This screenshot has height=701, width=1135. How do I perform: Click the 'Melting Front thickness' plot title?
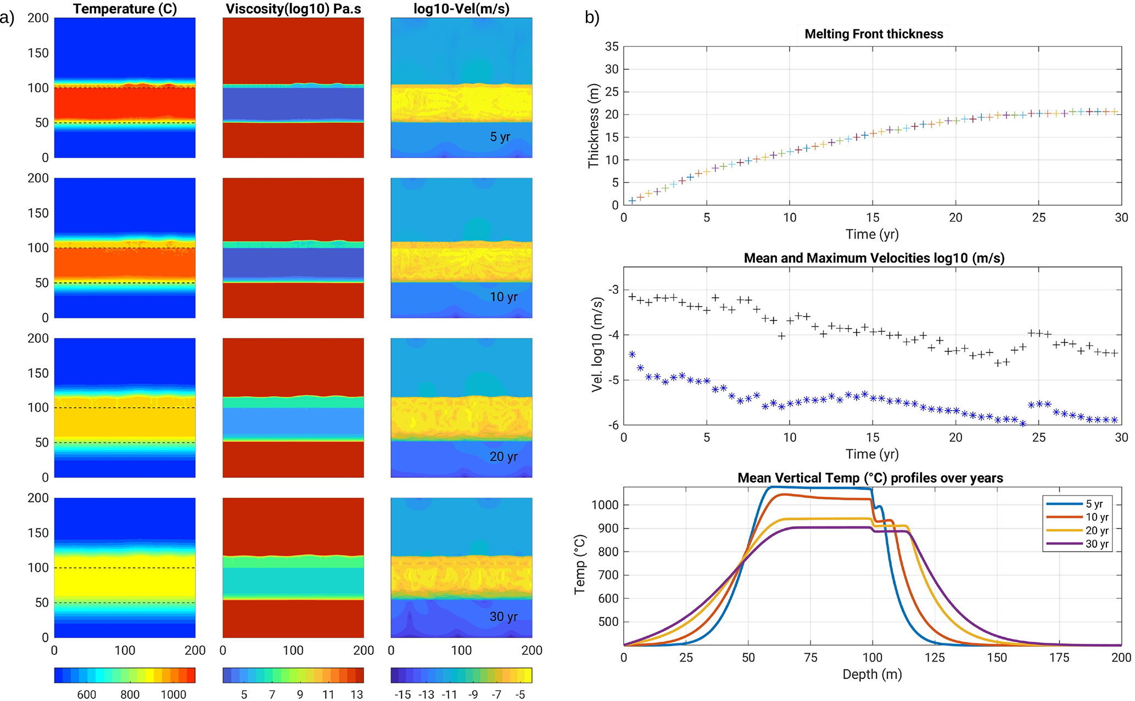tap(874, 34)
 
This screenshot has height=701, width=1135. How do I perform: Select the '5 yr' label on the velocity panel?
tap(500, 137)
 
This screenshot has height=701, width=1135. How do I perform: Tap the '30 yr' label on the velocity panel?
tap(504, 616)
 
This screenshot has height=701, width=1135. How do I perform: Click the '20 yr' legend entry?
tap(1097, 531)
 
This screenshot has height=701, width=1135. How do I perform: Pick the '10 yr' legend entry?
tap(1097, 517)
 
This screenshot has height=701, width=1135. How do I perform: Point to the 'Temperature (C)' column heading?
tap(125, 9)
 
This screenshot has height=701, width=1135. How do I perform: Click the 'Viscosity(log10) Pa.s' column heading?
tap(293, 9)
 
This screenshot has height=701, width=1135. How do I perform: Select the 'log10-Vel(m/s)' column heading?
tap(461, 9)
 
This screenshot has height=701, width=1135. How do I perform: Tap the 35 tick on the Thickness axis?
tap(612, 47)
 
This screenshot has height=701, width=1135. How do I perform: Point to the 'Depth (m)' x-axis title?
tap(872, 674)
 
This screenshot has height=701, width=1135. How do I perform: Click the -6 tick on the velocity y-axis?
tap(612, 425)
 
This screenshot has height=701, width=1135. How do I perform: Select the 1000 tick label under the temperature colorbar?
tap(174, 694)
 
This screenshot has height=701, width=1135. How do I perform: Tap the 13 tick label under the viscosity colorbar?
tap(357, 694)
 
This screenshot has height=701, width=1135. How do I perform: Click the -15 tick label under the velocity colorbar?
tap(402, 694)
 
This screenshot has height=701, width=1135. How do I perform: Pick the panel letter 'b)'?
tap(592, 18)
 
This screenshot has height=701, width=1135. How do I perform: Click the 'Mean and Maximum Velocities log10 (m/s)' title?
tap(874, 258)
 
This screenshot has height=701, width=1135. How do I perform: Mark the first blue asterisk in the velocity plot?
tap(632, 354)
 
